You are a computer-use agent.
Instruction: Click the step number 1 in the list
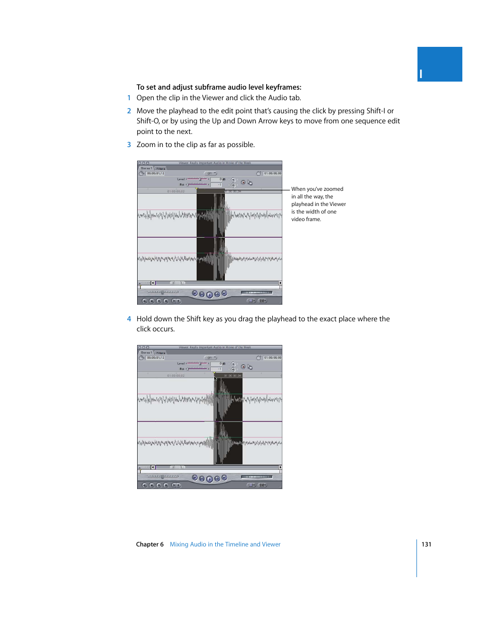(129, 98)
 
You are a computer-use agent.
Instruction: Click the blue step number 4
(129, 319)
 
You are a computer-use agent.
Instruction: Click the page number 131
(426, 544)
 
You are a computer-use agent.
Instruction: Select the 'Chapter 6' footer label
(150, 544)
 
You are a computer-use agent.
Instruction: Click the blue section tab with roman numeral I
(439, 64)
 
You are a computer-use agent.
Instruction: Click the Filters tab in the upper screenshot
(160, 169)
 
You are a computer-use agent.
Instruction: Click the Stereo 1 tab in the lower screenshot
(146, 353)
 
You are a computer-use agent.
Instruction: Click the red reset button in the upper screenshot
(243, 183)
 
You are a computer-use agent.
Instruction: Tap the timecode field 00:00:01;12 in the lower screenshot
(155, 358)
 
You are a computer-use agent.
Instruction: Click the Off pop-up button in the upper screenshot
(210, 174)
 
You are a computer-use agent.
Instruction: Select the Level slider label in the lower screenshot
(181, 364)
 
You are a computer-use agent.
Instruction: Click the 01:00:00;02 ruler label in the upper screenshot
(176, 191)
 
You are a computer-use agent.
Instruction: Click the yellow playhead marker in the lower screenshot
(215, 374)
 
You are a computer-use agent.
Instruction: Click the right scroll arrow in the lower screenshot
(280, 467)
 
